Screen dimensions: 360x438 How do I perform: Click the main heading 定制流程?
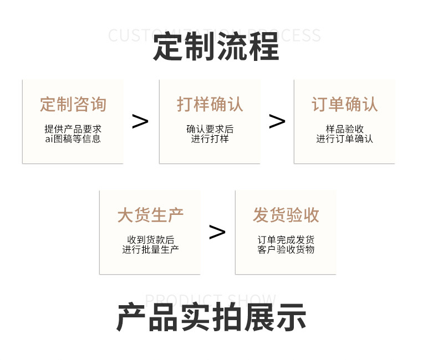click(216, 47)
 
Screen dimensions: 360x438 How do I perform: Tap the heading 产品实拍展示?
click(211, 317)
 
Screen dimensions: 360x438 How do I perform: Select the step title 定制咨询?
click(73, 104)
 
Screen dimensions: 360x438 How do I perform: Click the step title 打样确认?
click(210, 104)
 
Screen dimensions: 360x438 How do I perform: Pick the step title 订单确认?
click(344, 104)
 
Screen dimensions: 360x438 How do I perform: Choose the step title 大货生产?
click(150, 215)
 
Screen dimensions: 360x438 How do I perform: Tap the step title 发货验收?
click(286, 215)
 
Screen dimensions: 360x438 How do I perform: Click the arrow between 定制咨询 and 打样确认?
click(140, 121)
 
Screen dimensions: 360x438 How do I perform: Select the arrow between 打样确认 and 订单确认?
click(277, 121)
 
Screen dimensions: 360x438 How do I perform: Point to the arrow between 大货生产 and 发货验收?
click(217, 232)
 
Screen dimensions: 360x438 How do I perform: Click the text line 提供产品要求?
click(73, 129)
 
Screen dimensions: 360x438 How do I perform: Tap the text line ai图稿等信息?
click(73, 139)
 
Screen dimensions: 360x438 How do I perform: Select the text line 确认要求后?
click(210, 129)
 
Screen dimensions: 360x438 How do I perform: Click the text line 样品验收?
click(344, 129)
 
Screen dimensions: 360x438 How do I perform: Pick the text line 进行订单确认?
click(344, 139)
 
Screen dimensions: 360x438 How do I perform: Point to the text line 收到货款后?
click(150, 240)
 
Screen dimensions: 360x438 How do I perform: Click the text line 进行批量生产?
click(150, 250)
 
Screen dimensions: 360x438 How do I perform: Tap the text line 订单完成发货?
click(286, 240)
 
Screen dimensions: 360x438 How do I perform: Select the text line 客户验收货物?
click(286, 250)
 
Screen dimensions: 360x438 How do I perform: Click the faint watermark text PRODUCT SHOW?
click(210, 300)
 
